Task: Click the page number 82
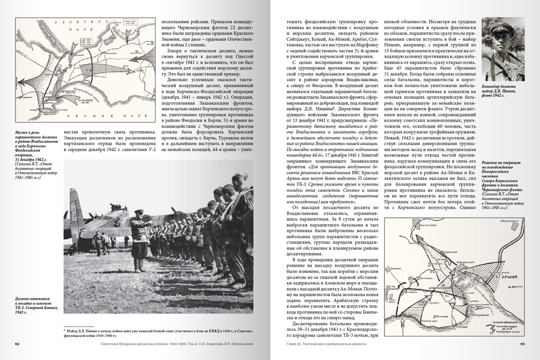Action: click(17, 344)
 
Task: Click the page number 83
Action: click(523, 344)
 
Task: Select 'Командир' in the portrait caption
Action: click(492, 87)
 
